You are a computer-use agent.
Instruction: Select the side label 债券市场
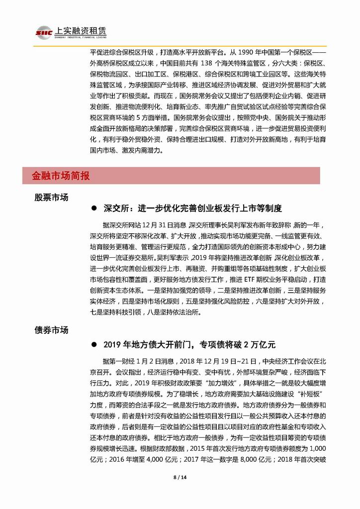pos(51,330)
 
